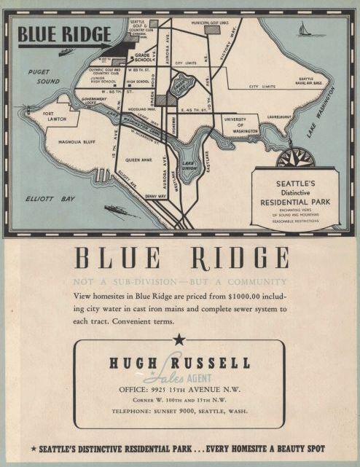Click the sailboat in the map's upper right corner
click(x=302, y=30)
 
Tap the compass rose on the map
click(x=296, y=157)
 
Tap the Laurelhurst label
click(x=278, y=115)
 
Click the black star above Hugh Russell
click(x=179, y=339)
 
